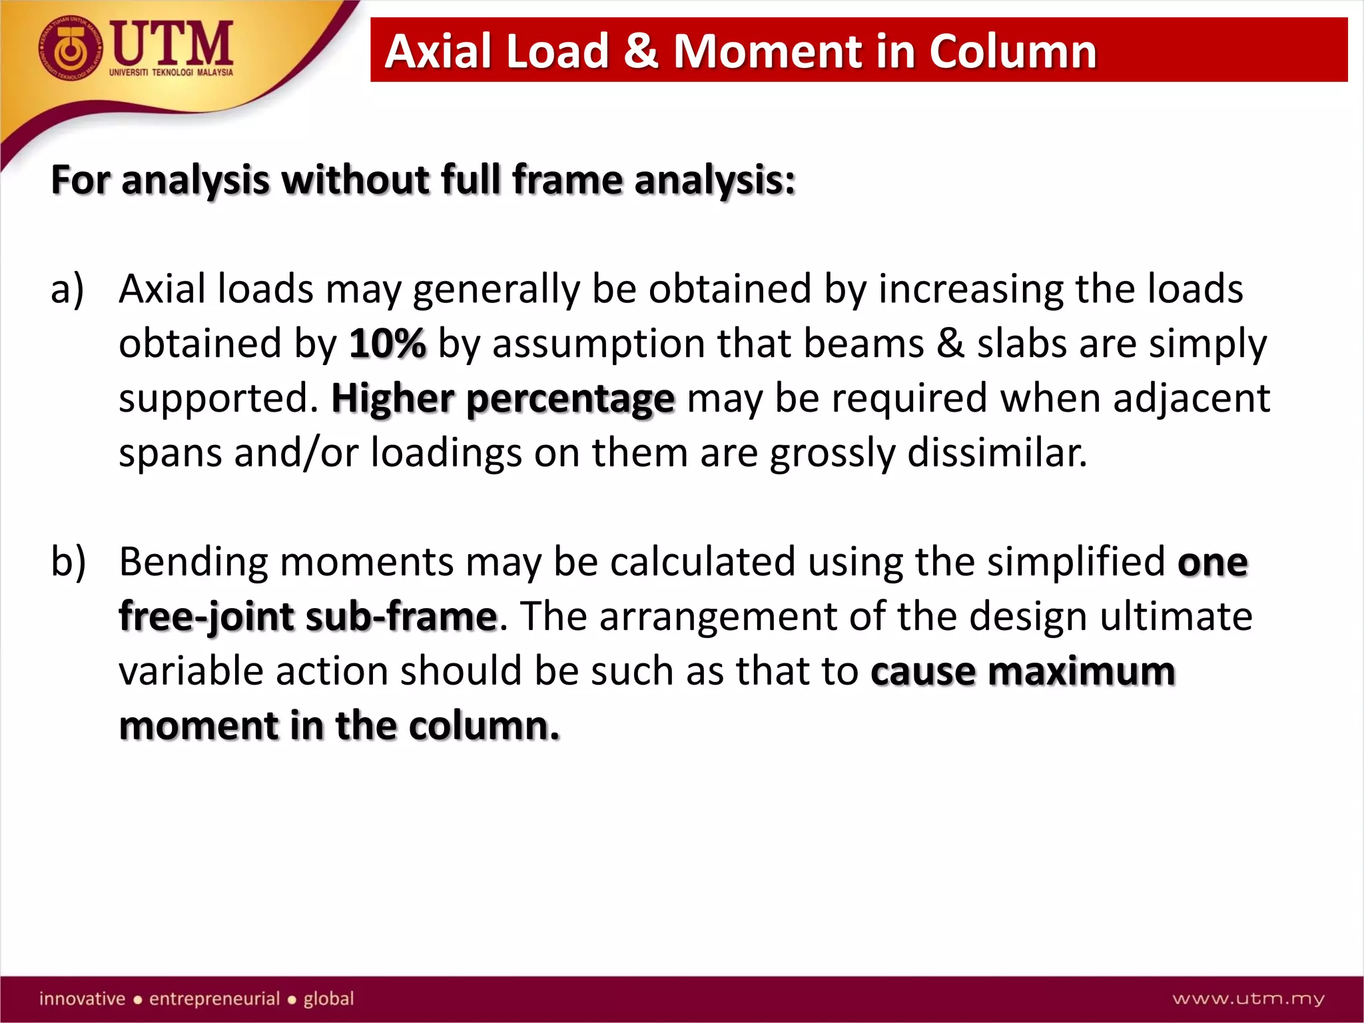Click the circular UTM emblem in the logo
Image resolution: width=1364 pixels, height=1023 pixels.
click(x=71, y=49)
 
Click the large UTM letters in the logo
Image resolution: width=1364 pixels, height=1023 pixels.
click(x=172, y=43)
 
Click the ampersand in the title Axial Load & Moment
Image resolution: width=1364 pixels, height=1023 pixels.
click(x=641, y=51)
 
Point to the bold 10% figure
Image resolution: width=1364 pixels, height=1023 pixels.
click(x=387, y=344)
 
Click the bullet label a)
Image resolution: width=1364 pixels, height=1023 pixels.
click(x=67, y=289)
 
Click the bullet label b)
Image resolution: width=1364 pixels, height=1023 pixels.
click(x=68, y=561)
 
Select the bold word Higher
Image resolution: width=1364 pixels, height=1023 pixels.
click(x=393, y=398)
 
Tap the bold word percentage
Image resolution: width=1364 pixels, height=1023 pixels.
click(x=570, y=400)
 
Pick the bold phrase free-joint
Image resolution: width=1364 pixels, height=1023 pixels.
click(x=206, y=617)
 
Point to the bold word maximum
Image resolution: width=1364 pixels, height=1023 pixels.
click(x=1082, y=671)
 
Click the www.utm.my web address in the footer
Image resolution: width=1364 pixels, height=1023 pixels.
click(x=1248, y=998)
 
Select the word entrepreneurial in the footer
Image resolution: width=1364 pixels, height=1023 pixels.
click(x=214, y=998)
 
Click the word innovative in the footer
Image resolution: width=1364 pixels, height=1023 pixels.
click(x=82, y=998)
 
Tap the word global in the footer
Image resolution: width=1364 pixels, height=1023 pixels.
click(x=328, y=998)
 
